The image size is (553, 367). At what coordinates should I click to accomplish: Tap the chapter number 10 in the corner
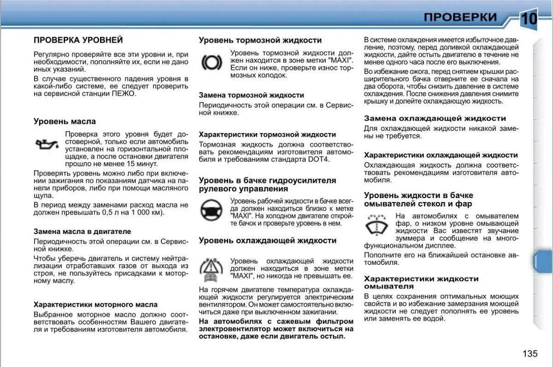[529, 19]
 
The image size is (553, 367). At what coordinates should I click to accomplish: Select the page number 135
[530, 353]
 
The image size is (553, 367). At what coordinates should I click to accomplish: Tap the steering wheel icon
[212, 211]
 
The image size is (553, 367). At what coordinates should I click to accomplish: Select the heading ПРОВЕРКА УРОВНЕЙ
[78, 40]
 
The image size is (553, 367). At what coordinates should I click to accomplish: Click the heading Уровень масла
[65, 122]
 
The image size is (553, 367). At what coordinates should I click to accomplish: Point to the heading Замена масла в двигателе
[82, 231]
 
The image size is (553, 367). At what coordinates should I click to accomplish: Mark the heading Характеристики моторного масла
[95, 304]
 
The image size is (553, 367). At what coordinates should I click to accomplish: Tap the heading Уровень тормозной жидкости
[260, 40]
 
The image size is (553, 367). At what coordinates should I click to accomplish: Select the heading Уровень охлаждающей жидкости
[267, 240]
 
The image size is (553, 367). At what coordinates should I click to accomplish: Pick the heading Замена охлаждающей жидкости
[435, 118]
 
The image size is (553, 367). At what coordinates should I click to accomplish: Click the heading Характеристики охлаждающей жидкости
[441, 155]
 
